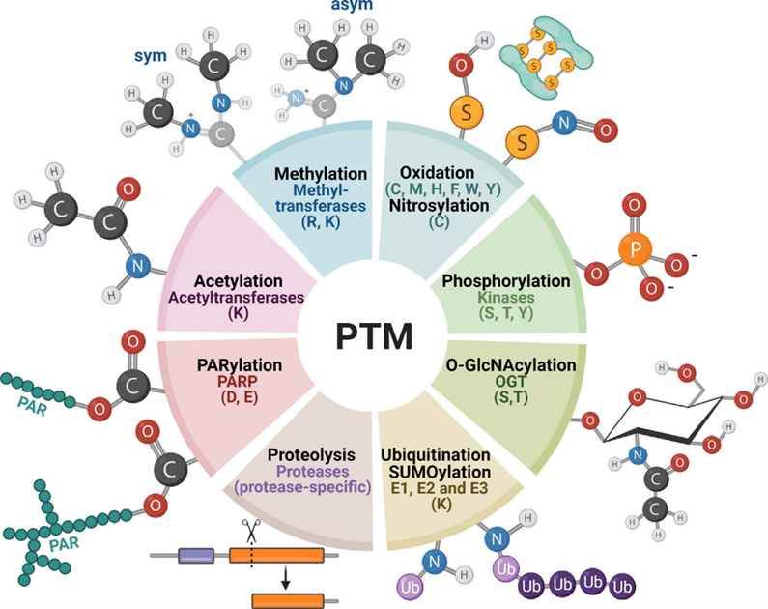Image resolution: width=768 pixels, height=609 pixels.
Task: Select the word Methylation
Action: click(x=321, y=174)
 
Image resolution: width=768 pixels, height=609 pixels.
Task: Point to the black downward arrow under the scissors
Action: click(x=285, y=578)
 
